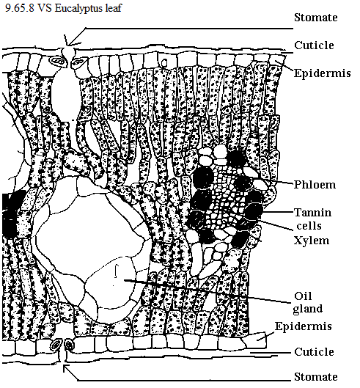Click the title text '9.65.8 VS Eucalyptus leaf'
(x=64, y=8)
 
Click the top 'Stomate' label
(x=316, y=18)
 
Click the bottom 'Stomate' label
(x=316, y=377)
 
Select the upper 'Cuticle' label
(x=314, y=45)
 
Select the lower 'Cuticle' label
(x=314, y=351)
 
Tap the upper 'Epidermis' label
(x=323, y=73)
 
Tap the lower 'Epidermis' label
(x=304, y=326)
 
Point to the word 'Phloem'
(x=315, y=185)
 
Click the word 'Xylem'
(x=312, y=241)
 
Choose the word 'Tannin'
(x=313, y=213)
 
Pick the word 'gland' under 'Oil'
(x=308, y=309)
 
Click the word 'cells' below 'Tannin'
(x=309, y=226)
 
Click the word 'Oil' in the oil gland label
(x=303, y=296)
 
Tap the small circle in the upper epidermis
(x=164, y=63)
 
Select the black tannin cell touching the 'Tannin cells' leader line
(x=254, y=211)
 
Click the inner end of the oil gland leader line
(x=125, y=280)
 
